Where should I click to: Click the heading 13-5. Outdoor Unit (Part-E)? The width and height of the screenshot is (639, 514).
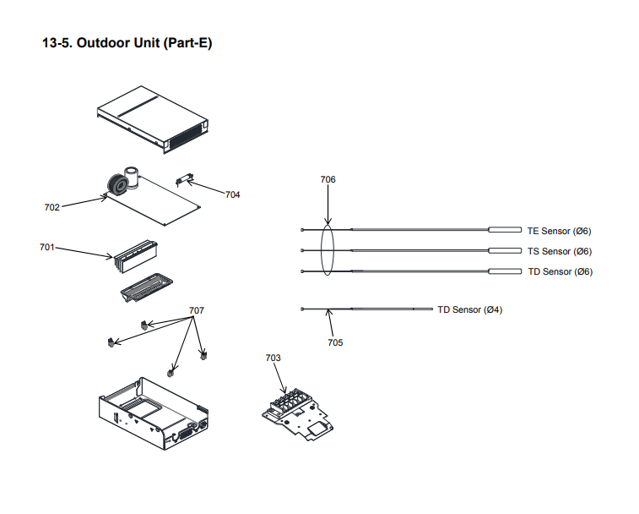click(x=127, y=42)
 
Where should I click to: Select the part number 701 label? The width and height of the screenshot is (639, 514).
click(x=47, y=248)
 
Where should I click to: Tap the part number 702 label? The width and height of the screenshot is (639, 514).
click(x=52, y=206)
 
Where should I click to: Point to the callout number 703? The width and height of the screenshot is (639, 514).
click(x=273, y=358)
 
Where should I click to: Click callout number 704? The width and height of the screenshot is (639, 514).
click(x=232, y=194)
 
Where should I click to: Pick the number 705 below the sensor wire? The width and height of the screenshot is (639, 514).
click(x=335, y=342)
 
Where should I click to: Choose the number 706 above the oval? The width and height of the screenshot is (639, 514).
click(x=328, y=179)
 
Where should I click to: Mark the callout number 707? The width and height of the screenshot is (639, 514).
click(x=197, y=310)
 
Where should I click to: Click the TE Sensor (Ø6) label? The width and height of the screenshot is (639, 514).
click(x=560, y=231)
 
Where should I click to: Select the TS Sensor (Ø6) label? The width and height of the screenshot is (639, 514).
click(x=560, y=251)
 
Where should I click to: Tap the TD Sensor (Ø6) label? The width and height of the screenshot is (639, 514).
click(x=560, y=271)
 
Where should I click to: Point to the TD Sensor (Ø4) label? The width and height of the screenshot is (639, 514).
click(x=469, y=309)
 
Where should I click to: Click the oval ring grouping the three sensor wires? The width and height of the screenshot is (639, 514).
click(x=328, y=250)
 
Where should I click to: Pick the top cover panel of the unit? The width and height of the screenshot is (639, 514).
click(x=152, y=118)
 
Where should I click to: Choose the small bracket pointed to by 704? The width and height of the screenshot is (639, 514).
click(x=183, y=179)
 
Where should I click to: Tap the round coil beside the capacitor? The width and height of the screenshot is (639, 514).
click(x=113, y=184)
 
